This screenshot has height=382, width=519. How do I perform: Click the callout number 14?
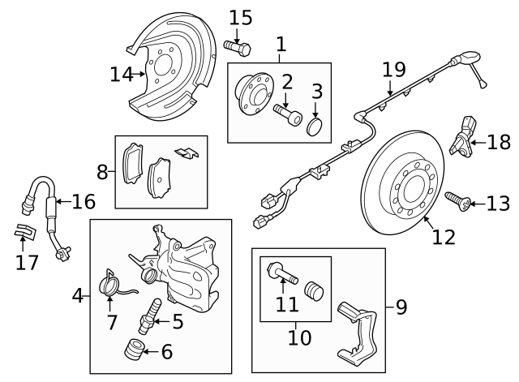(x=121, y=75)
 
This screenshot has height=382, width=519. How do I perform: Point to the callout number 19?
(x=393, y=71)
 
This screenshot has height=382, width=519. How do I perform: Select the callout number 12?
(x=444, y=237)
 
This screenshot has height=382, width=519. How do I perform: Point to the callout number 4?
(x=78, y=296)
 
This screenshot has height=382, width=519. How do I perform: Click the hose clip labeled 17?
(x=25, y=234)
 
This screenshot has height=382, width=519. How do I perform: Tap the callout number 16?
(x=83, y=200)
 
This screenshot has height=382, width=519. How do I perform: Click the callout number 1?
(x=281, y=43)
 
